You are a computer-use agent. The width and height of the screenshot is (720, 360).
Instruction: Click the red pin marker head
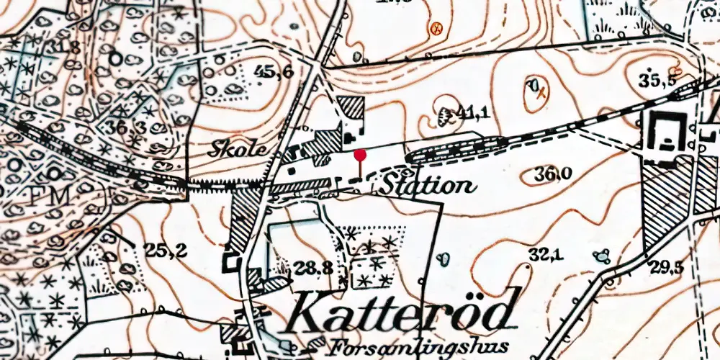click(x=361, y=153)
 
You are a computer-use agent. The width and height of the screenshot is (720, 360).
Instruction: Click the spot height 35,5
click(x=660, y=79)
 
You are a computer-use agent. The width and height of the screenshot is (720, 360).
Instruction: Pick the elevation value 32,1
click(x=544, y=253)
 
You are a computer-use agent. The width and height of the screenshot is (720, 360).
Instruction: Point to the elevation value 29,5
click(x=667, y=268)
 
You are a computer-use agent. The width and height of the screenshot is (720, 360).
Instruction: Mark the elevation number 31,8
click(x=64, y=48)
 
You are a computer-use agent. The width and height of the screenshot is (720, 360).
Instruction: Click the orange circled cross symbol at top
click(x=434, y=29)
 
